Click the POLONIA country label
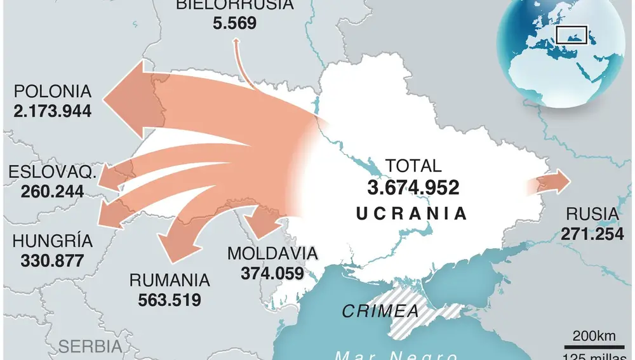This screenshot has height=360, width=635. [x=52, y=91]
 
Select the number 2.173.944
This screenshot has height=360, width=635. [x=52, y=111]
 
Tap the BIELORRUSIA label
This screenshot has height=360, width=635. [x=235, y=5]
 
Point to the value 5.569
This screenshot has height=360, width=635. [x=235, y=23]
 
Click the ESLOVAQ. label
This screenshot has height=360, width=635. [x=53, y=172]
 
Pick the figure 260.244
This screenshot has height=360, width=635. [x=53, y=190]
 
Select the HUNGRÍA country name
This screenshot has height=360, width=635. [x=52, y=241]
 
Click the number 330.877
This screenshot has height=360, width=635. [x=52, y=260]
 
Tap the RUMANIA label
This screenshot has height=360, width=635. [x=170, y=279]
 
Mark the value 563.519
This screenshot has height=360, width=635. [x=170, y=299]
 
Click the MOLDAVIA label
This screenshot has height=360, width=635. [x=272, y=253]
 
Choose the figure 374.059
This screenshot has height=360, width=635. [x=272, y=272]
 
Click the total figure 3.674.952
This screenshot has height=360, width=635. [x=413, y=187]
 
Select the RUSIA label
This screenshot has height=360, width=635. [x=592, y=214]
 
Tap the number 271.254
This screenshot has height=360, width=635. [x=592, y=234]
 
